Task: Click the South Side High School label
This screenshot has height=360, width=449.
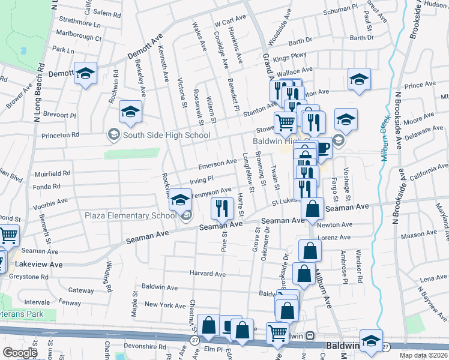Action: click(x=166, y=135)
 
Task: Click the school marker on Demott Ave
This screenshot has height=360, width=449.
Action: click(x=85, y=73)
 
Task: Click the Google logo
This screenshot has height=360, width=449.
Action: click(x=20, y=353)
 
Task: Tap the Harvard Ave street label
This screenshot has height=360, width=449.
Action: click(x=207, y=274)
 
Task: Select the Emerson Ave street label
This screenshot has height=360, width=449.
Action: click(x=218, y=163)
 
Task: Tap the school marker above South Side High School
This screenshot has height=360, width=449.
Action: click(x=130, y=112)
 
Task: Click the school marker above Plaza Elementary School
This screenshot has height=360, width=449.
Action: click(x=179, y=199)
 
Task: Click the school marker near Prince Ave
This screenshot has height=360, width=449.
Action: click(x=359, y=79)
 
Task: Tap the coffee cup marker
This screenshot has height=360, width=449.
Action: click(x=322, y=148)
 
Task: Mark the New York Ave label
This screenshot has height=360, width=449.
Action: click(x=166, y=305)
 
